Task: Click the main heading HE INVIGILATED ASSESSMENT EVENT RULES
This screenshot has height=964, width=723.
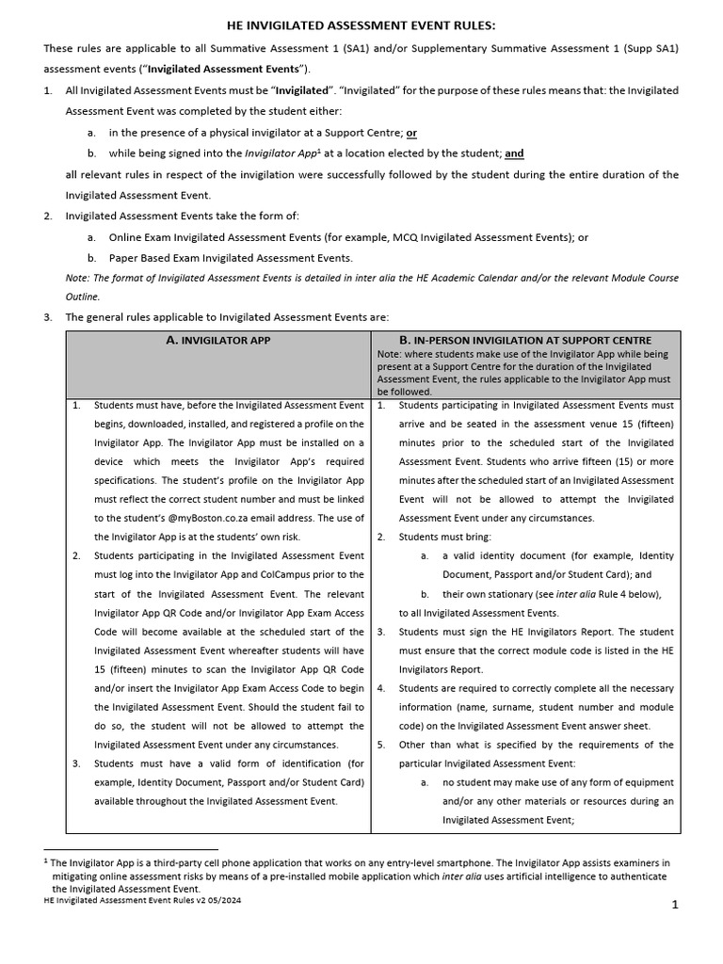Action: click(361, 25)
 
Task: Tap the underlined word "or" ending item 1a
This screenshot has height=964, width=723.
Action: click(411, 133)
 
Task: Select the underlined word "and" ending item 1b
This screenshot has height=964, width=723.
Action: click(514, 153)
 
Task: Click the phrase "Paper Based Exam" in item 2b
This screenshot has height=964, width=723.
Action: click(153, 258)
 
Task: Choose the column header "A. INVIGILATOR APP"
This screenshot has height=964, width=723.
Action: click(217, 340)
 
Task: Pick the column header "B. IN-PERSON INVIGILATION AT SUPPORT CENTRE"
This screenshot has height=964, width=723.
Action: click(525, 340)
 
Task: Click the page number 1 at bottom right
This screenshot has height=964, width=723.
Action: click(675, 905)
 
